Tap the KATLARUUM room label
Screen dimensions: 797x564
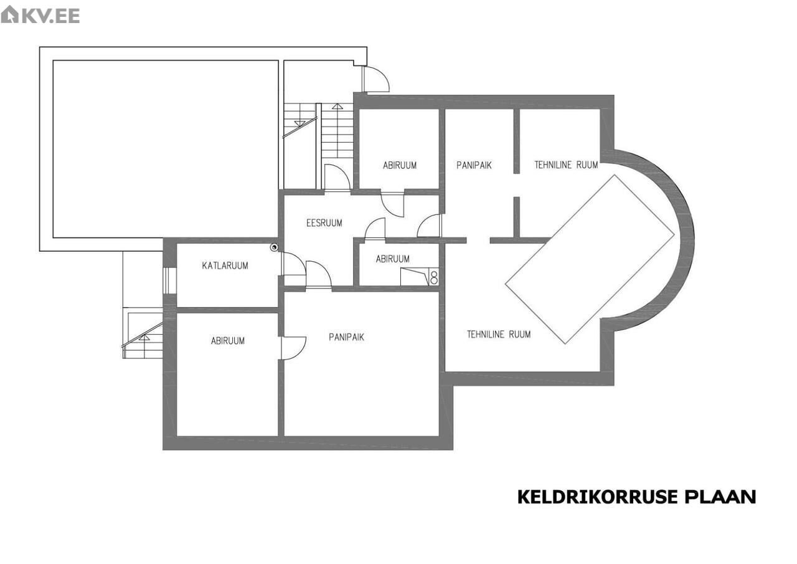225,265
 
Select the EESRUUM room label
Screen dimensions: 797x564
324,223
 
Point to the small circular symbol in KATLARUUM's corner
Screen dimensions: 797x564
274,247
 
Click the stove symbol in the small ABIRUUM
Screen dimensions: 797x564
434,277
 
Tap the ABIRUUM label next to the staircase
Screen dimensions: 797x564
400,166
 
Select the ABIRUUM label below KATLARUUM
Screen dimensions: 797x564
228,341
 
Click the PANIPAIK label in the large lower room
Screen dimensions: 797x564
347,337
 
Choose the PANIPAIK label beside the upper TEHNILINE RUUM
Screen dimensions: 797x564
474,165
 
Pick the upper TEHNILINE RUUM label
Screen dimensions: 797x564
566,165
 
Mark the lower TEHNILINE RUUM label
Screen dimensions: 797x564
499,334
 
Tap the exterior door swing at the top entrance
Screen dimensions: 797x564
377,79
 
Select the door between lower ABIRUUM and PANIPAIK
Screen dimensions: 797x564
293,348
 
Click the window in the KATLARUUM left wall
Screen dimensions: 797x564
170,280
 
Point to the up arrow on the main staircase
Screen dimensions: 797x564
337,106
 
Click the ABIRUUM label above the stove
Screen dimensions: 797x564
392,259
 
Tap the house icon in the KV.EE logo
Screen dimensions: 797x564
9,14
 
